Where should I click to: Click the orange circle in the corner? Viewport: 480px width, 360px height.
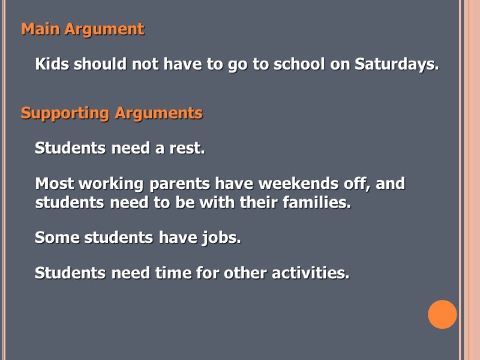pos(442,314)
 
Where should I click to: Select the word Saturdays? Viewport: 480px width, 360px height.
pos(397,64)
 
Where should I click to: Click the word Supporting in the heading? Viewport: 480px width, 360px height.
pos(65,113)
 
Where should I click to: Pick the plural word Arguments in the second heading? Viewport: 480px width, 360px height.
pos(158,113)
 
